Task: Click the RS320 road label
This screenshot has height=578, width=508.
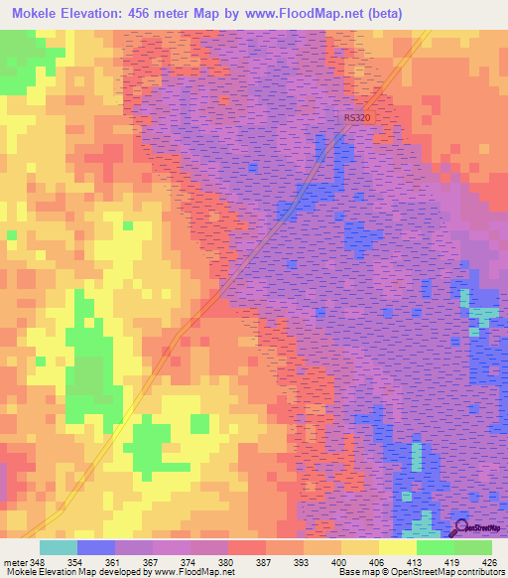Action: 356,118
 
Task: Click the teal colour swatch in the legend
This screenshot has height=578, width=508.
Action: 58,547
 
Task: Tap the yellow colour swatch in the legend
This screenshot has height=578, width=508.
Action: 397,547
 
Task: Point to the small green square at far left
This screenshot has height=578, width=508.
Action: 12,235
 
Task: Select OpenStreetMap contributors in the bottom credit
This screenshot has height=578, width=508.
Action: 447,572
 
